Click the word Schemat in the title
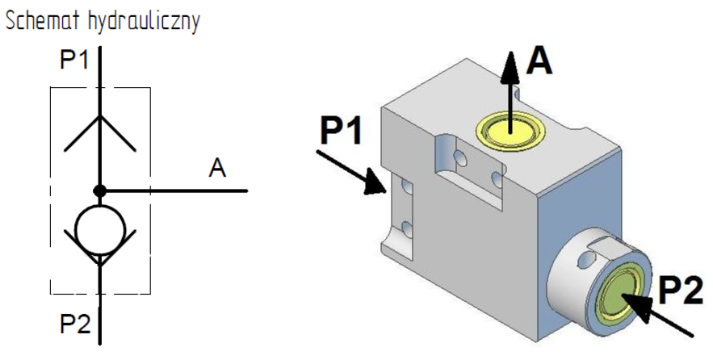44,21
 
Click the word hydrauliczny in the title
145,22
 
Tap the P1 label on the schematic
75,60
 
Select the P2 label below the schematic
75,324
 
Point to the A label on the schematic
217,168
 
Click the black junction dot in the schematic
99,191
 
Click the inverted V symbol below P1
100,133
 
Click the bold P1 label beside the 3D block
341,130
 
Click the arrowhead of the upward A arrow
510,67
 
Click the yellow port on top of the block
510,132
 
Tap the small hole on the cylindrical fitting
586,260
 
